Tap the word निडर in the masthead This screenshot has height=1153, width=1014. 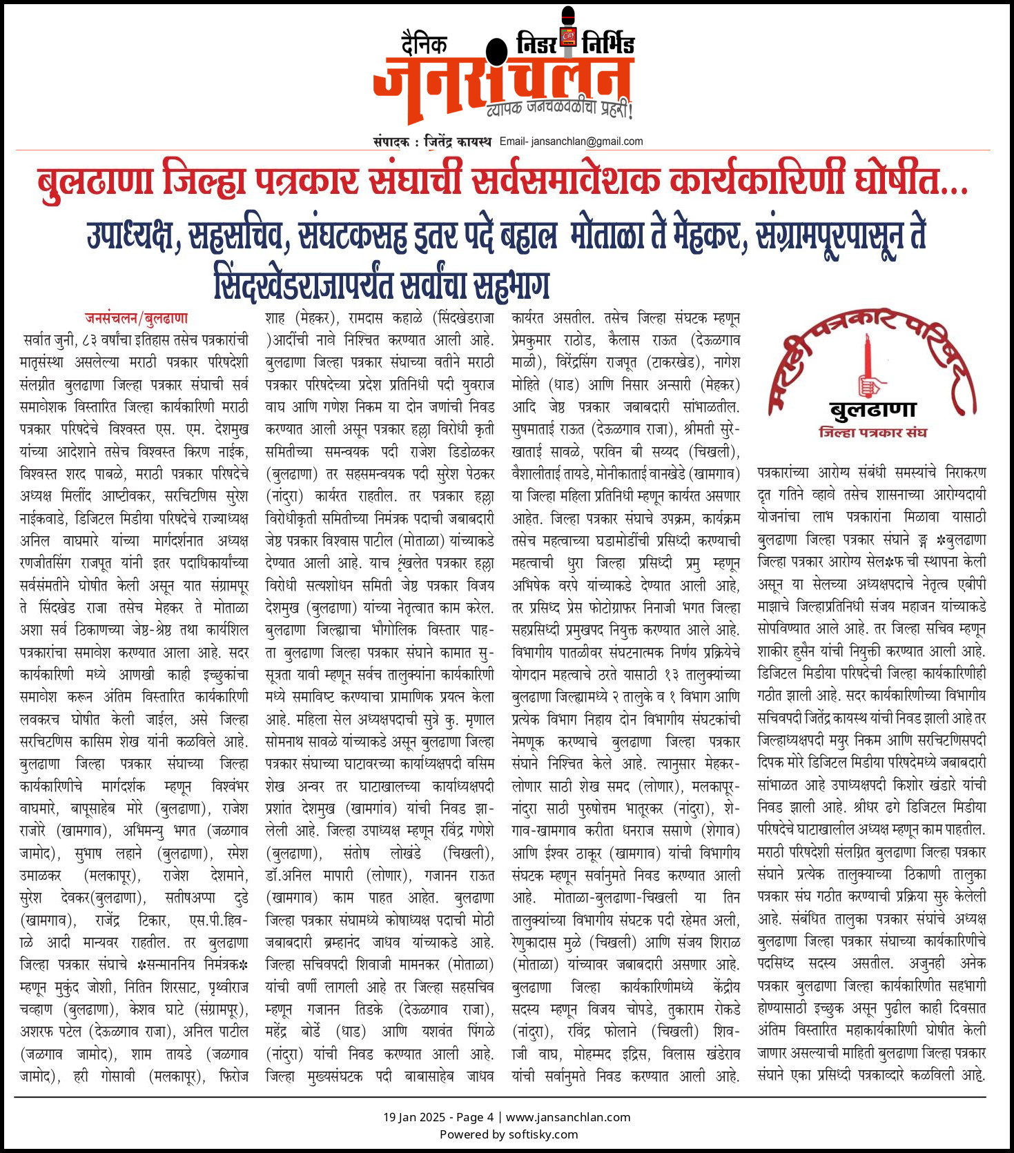[537, 44]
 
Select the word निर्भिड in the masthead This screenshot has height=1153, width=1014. [607, 43]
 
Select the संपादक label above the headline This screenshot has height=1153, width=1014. [391, 142]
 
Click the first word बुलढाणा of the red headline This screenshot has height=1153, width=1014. [95, 181]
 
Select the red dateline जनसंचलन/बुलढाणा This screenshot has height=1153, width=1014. [136, 318]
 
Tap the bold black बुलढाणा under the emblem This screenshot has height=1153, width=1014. [872, 411]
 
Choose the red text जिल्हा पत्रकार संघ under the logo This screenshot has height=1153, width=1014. [872, 433]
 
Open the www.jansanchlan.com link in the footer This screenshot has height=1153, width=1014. [568, 1117]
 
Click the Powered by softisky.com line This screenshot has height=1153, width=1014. [509, 1134]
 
